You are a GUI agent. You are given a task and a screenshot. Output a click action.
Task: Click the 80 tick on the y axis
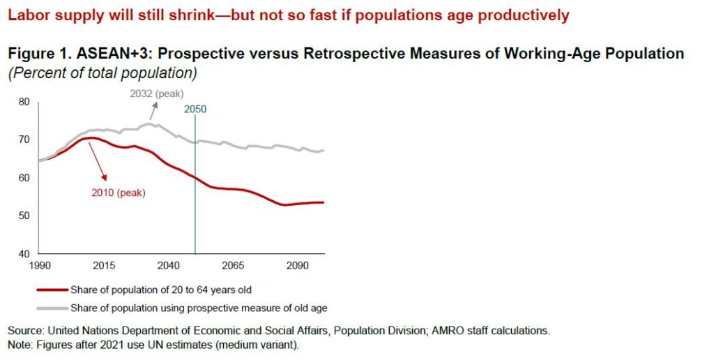coord(24,102)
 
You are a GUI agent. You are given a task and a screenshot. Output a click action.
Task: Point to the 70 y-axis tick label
coord(24,140)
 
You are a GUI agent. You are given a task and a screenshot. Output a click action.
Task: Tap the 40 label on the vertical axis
coord(24,254)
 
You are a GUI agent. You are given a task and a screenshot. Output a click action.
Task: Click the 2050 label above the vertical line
coord(195,109)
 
